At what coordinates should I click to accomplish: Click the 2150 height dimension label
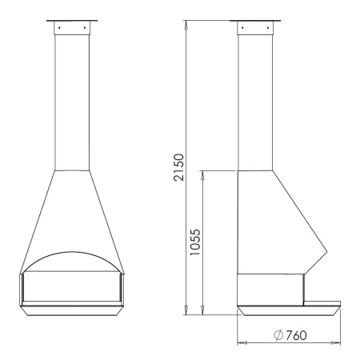[x=178, y=167]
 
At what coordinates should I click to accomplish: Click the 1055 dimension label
[x=195, y=242]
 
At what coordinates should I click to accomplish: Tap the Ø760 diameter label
[x=290, y=335]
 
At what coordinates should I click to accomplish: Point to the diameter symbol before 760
[x=278, y=335]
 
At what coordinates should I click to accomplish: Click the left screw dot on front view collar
[x=59, y=27]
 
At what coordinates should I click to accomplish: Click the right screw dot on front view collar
[x=85, y=27]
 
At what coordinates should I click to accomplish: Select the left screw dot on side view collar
[x=242, y=27]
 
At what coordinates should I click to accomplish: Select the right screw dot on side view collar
[x=268, y=27]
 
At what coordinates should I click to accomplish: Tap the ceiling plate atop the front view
[x=72, y=20]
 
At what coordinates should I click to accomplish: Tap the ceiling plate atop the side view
[x=255, y=20]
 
